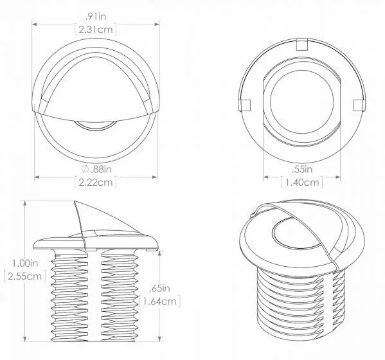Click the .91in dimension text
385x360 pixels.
pos(96,17)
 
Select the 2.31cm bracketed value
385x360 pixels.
pos(96,30)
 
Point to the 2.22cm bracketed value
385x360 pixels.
pos(96,182)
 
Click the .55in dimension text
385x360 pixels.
pos(301,169)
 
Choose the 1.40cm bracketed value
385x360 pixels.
pos(302,182)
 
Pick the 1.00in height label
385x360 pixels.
pos(25,264)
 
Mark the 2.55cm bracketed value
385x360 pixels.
pos(25,276)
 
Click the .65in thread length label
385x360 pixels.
pos(159,288)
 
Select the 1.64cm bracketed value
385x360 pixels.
pos(160,301)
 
